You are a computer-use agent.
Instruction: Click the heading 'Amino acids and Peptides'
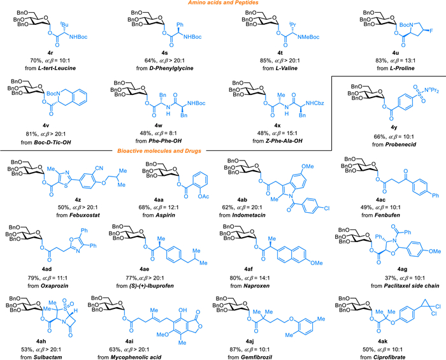tap(225, 5)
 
